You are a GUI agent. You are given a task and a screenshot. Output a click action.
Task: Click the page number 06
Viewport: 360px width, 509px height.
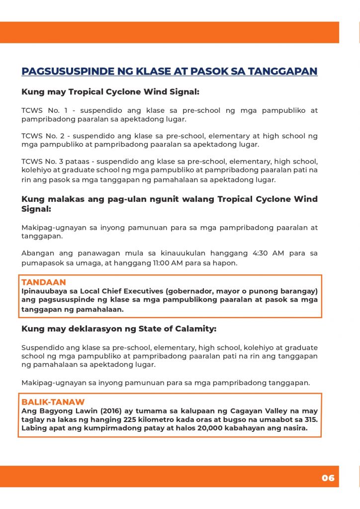coord(328,478)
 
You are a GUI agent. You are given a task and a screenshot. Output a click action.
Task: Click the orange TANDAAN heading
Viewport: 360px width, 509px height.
coord(44,282)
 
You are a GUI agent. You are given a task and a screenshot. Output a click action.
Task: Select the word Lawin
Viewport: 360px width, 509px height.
coord(76,411)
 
